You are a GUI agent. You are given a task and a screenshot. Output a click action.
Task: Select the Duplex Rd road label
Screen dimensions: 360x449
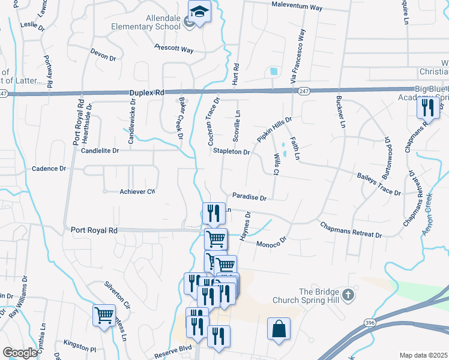pos(146,93)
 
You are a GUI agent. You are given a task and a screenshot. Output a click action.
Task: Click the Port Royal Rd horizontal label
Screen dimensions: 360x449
pos(95,230)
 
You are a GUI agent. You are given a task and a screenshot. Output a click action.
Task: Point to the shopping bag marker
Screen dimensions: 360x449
pos(279,329)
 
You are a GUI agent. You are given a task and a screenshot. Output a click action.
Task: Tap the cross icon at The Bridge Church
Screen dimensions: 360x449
pos(348,295)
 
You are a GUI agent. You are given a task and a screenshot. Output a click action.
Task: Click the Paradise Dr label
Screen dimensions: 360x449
pos(249,196)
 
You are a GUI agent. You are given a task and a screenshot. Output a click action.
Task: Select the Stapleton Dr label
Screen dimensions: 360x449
pos(231,152)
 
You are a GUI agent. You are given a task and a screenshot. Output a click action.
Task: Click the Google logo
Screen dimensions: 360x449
pos(20,353)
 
